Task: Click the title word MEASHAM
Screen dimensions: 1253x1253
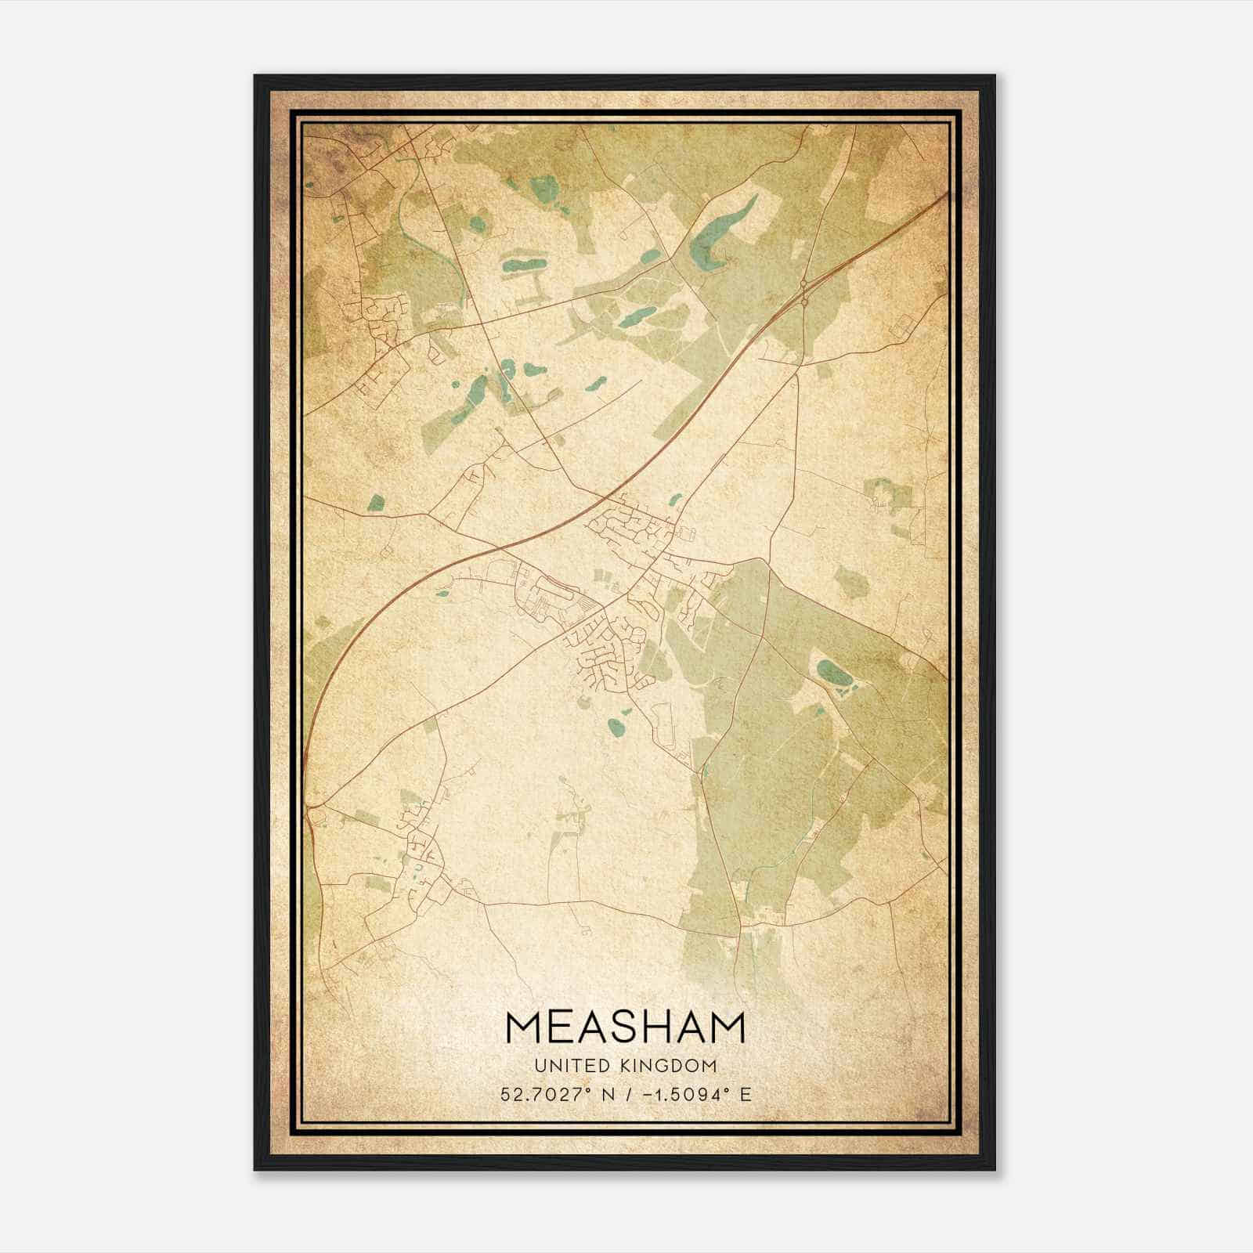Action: point(626,1027)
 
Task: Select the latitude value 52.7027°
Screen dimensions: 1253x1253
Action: point(546,1095)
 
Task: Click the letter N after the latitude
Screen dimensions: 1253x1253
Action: point(608,1095)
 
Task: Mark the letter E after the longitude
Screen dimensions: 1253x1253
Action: point(746,1095)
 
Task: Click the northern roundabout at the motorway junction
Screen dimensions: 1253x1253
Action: point(804,283)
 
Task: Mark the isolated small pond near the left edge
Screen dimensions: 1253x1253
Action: point(377,503)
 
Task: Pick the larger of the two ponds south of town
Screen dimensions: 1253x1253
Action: point(618,729)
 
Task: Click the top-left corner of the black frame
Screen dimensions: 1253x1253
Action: point(255,76)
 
